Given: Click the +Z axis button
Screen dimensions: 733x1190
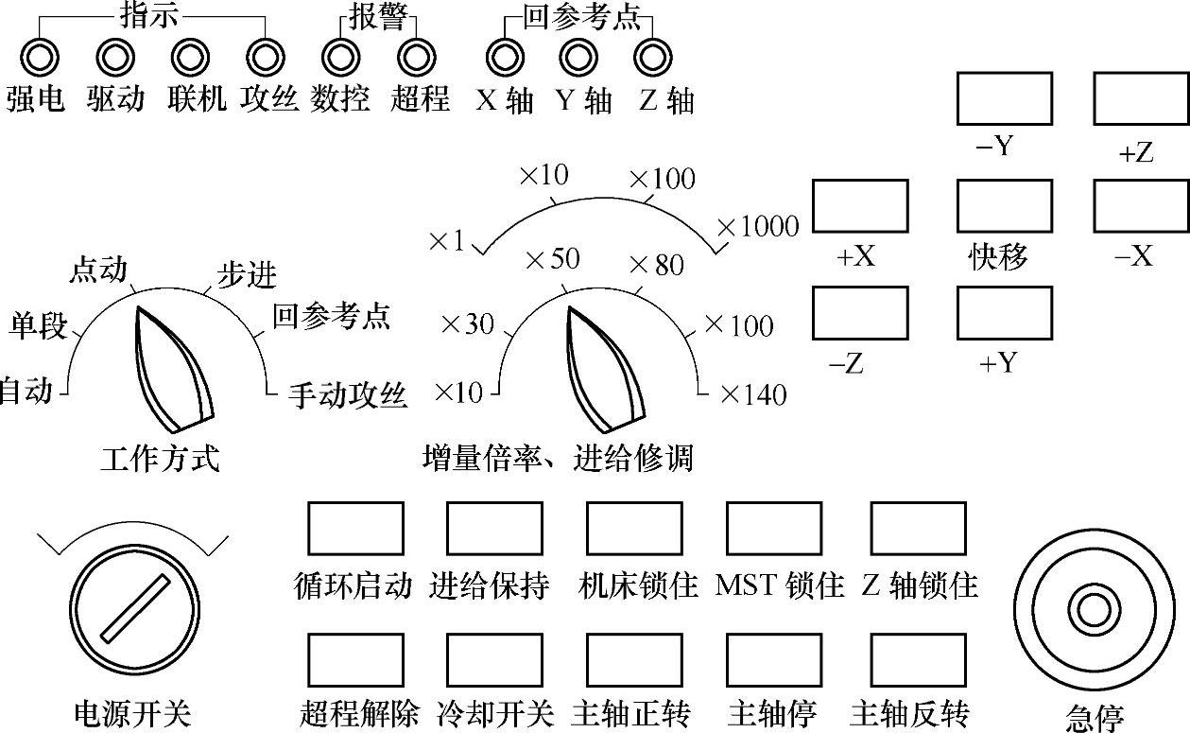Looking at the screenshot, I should pyautogui.click(x=1141, y=98).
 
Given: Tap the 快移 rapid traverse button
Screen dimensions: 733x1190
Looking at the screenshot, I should pyautogui.click(x=1004, y=205).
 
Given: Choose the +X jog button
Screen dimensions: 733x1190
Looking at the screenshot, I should pyautogui.click(x=860, y=205).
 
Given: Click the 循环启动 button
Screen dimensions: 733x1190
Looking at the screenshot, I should pyautogui.click(x=355, y=528).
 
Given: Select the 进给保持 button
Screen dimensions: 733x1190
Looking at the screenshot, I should pyautogui.click(x=494, y=528).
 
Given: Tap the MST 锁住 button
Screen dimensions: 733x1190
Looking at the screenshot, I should pyautogui.click(x=773, y=528).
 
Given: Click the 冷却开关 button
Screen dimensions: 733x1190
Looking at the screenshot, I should pyautogui.click(x=494, y=659).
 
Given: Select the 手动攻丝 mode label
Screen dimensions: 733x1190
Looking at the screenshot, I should pyautogui.click(x=348, y=395).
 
